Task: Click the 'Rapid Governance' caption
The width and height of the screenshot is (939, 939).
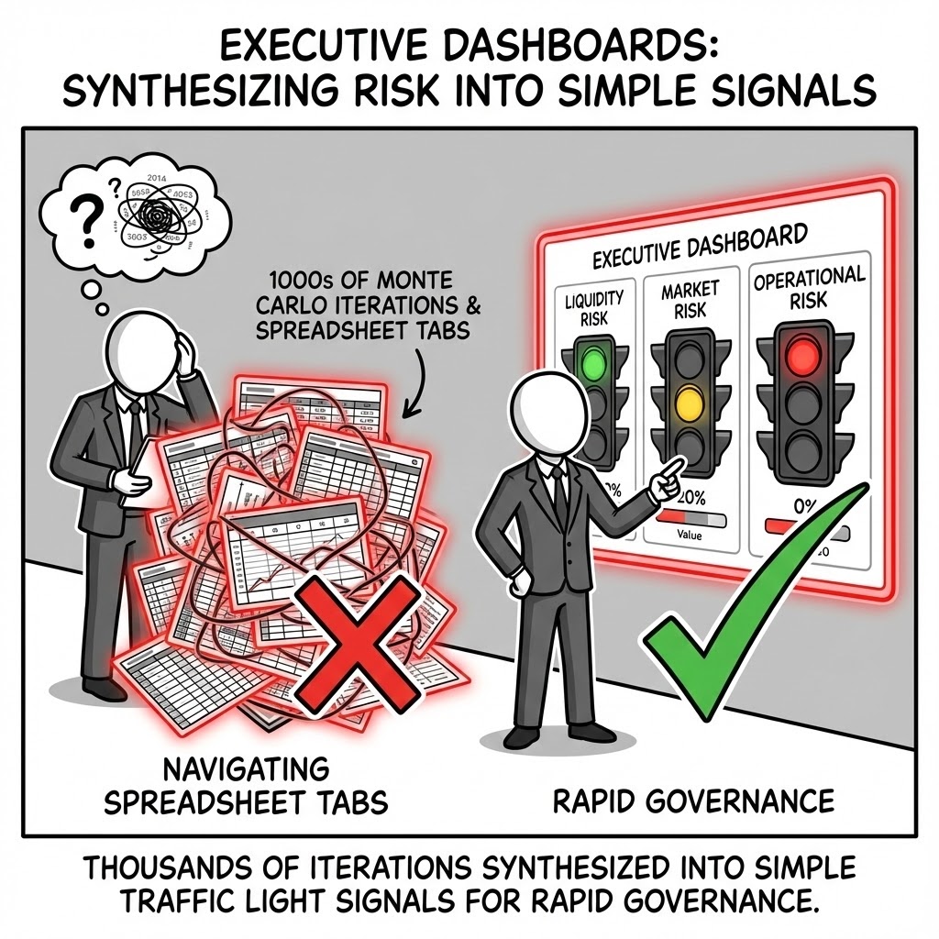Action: (x=693, y=801)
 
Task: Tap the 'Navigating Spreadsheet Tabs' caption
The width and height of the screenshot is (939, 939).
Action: (x=245, y=785)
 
